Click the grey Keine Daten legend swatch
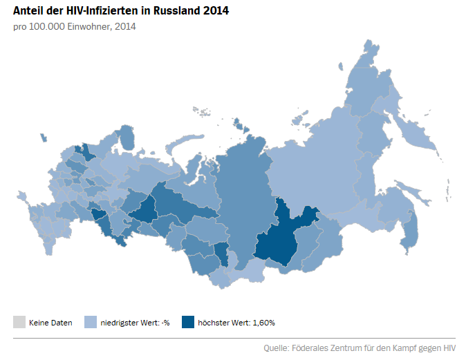19,322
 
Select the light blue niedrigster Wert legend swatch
90,322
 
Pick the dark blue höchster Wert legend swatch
187,322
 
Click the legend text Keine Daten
50,323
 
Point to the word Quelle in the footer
277,348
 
